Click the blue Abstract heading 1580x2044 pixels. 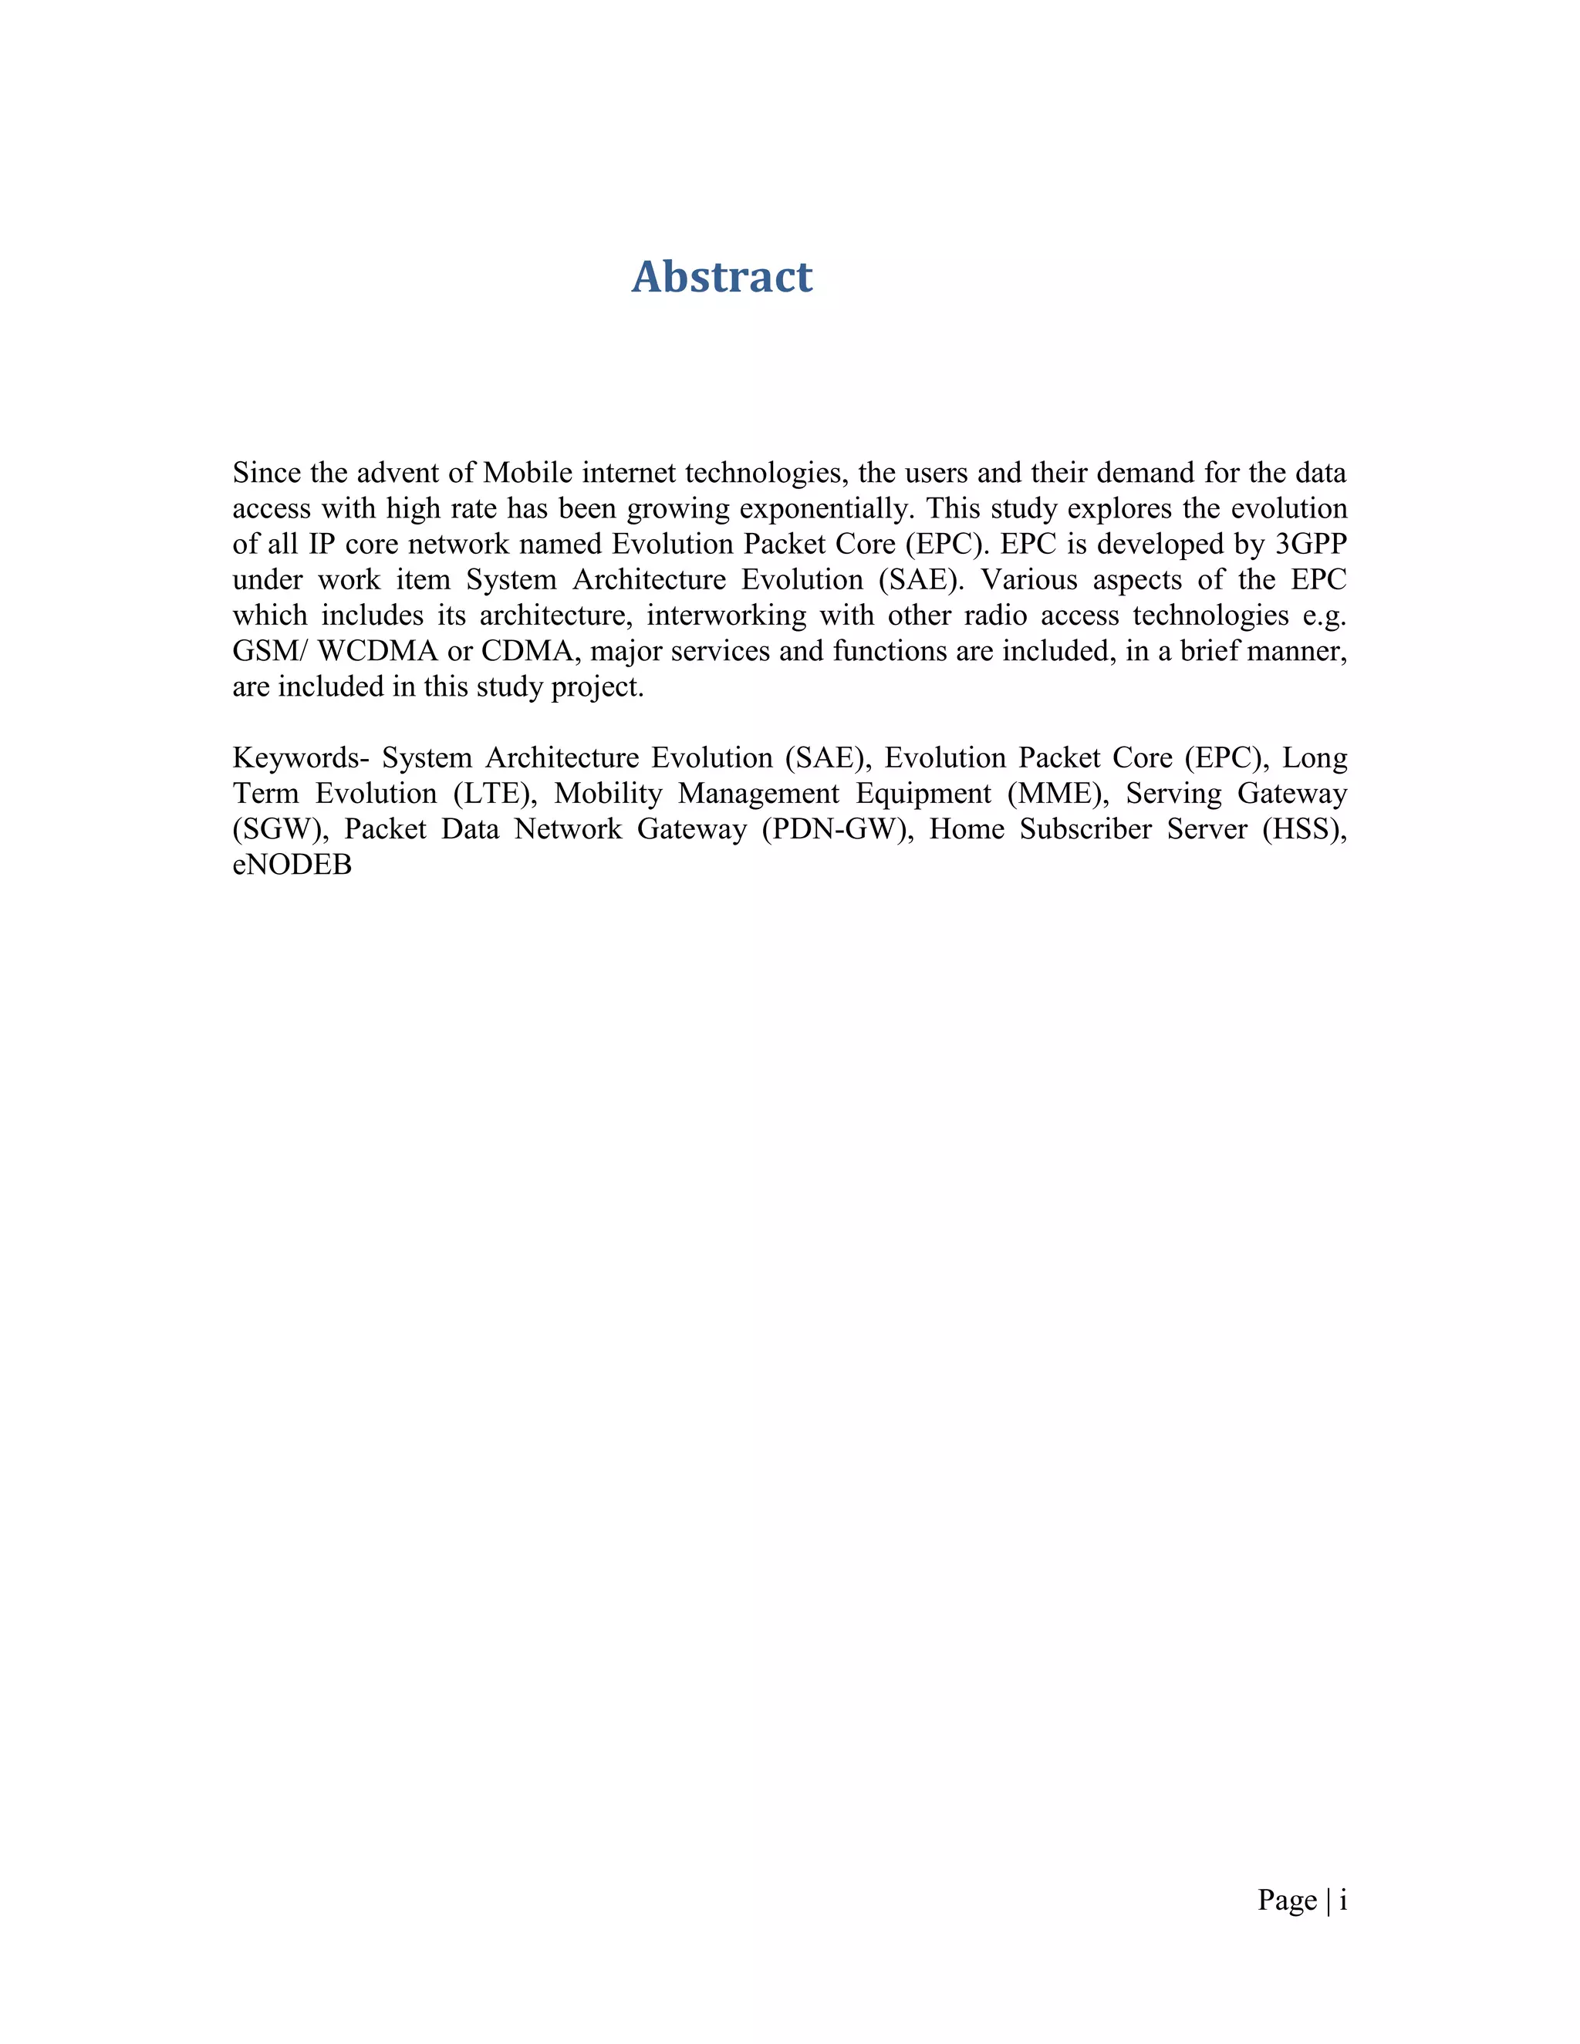tap(721, 277)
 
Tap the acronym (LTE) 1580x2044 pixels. tap(495, 793)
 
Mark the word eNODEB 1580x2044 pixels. tap(292, 864)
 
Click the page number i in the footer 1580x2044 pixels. tap(1343, 1900)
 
